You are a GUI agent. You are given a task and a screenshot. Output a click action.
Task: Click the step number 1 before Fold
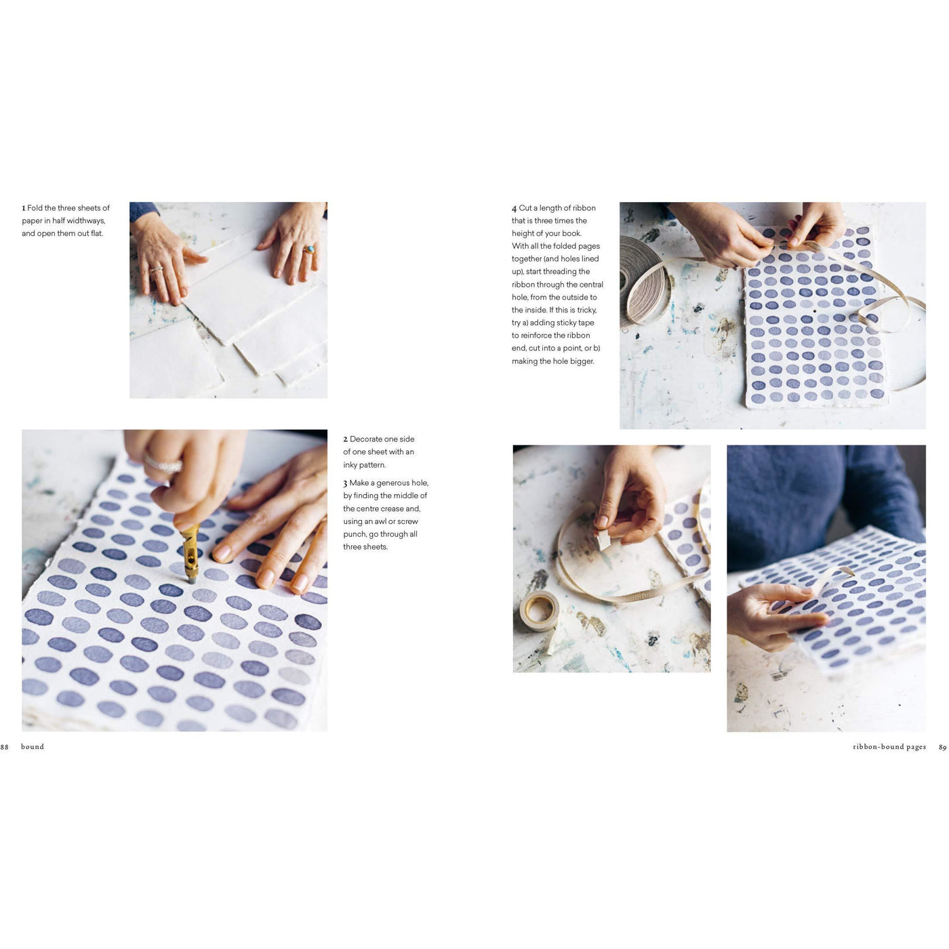point(24,209)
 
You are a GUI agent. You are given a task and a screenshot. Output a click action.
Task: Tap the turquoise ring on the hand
point(309,249)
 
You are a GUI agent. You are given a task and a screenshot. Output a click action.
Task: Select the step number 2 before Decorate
point(345,440)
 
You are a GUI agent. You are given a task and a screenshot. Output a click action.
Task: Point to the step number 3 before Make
point(345,484)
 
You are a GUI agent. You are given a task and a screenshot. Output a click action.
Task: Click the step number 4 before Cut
point(514,209)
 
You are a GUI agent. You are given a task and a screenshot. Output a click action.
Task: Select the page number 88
point(5,747)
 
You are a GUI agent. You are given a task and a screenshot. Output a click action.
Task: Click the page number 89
point(942,748)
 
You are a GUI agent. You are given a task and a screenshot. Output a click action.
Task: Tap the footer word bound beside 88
point(33,747)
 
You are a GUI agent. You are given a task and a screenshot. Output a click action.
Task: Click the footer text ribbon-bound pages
point(889,747)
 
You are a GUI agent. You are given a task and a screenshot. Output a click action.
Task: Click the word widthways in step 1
point(86,221)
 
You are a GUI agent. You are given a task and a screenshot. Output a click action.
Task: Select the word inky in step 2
point(350,465)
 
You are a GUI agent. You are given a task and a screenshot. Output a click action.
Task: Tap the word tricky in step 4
point(585,310)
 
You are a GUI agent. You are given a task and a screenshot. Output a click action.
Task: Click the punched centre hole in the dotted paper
point(814,312)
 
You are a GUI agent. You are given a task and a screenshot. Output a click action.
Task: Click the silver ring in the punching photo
point(163,466)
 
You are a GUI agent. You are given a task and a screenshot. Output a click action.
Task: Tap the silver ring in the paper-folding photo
point(156,269)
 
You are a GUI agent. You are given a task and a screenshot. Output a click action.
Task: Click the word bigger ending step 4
point(582,361)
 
